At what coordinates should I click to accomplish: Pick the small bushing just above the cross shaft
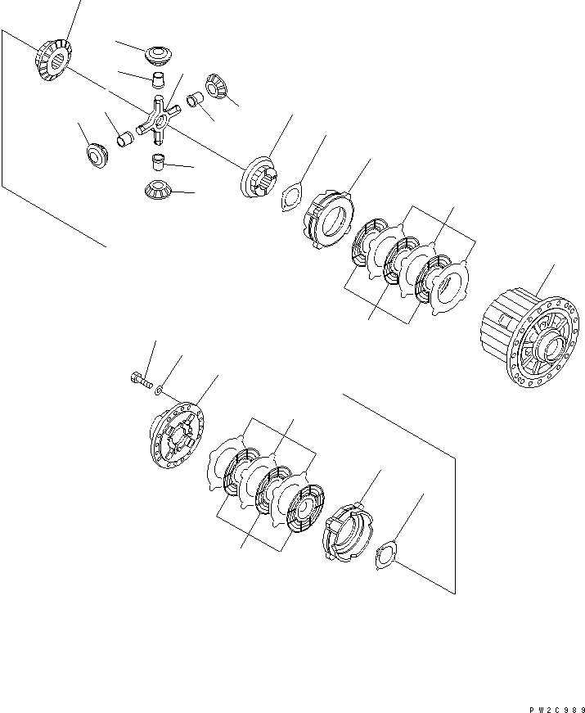coord(158,79)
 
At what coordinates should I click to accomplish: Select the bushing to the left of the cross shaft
coord(125,140)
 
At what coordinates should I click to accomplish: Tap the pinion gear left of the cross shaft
coord(97,154)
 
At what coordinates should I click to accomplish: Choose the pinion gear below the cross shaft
coord(157,189)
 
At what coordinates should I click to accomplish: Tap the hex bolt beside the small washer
coord(141,379)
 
